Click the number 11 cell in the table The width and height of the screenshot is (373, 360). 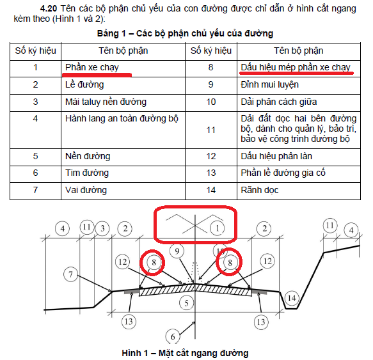(211, 130)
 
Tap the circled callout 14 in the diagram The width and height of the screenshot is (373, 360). (292, 298)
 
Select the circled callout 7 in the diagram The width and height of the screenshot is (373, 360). (70, 275)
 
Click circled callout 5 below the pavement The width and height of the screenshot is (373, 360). (186, 303)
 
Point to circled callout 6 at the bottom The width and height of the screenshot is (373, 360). (173, 336)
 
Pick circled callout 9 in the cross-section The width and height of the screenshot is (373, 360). (177, 251)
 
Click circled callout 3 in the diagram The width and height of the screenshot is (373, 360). (102, 228)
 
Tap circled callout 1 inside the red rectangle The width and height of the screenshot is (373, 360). (217, 228)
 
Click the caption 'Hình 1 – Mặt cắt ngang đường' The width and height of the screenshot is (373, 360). (185, 353)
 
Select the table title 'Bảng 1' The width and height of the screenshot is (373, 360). (111, 34)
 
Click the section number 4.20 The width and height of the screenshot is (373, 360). (49, 8)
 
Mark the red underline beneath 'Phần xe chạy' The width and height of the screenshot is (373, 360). (97, 75)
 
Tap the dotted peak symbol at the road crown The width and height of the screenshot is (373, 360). (195, 272)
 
